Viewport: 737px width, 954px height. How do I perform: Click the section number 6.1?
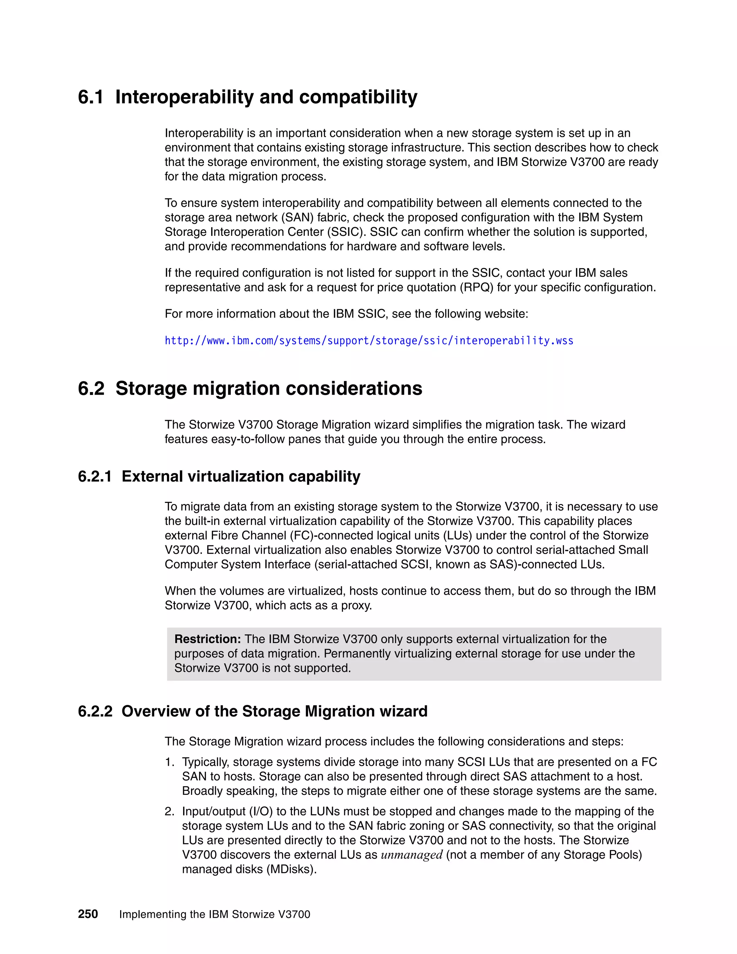pos(90,97)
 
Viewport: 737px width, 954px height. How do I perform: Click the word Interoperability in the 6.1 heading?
pos(184,97)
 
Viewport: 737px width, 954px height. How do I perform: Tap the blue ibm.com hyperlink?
pos(368,341)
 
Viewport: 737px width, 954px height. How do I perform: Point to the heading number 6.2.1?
pos(95,476)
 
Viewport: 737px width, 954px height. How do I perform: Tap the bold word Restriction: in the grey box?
pos(207,639)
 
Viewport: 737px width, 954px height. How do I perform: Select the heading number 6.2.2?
pos(95,711)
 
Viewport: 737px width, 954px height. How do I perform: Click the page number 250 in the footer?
pos(88,914)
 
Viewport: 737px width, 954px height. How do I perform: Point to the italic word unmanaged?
pos(411,855)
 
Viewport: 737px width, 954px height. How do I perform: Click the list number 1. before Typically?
pos(169,762)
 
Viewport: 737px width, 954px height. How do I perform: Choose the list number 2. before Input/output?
pos(169,811)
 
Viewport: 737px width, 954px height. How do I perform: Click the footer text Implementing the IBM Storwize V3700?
pos(214,914)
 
